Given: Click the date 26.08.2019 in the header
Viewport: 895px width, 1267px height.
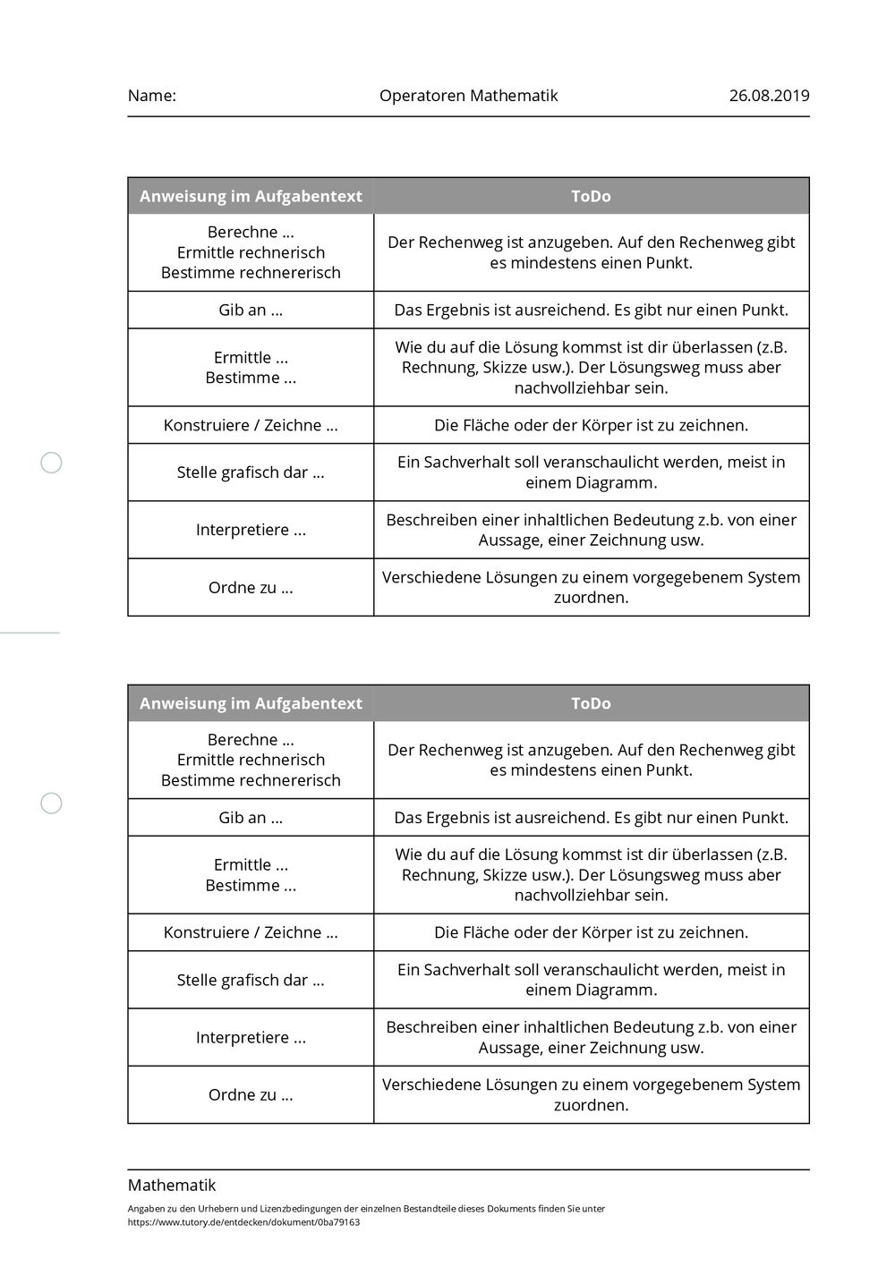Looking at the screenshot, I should click(x=769, y=96).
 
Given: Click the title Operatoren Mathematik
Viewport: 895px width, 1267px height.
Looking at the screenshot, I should click(x=468, y=96).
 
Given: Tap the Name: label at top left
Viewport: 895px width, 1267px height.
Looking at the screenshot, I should click(x=151, y=96).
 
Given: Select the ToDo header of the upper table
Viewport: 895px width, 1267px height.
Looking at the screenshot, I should click(x=591, y=196).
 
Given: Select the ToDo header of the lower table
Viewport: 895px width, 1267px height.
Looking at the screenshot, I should click(x=591, y=703).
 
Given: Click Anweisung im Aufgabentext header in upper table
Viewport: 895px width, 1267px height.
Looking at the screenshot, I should click(x=251, y=196).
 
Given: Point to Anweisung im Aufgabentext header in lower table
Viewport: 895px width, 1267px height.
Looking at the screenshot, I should click(x=251, y=703).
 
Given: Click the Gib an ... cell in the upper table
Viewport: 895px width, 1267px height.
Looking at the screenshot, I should click(x=251, y=310).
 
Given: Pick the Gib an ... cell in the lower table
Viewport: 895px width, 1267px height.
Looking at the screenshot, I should click(x=251, y=818).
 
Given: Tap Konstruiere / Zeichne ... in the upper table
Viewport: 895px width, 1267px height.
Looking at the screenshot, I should click(x=251, y=425).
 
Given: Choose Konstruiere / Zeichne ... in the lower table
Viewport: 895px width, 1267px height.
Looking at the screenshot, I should click(x=251, y=932).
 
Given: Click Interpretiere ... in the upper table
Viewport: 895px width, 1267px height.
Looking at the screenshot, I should click(x=251, y=530).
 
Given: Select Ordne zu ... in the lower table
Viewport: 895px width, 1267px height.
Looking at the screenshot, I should click(x=251, y=1095).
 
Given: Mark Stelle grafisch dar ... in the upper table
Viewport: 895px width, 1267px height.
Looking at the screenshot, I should click(x=251, y=472).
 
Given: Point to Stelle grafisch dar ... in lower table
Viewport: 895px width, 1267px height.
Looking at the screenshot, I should click(x=251, y=980).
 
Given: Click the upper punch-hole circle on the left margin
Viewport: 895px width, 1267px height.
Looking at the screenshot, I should click(x=52, y=463).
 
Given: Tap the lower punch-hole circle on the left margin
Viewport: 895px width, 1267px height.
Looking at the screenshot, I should click(x=52, y=803).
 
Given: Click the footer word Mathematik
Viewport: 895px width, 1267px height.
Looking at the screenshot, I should click(x=172, y=1186).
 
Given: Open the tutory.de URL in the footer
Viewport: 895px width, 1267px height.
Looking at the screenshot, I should click(x=243, y=1222).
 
